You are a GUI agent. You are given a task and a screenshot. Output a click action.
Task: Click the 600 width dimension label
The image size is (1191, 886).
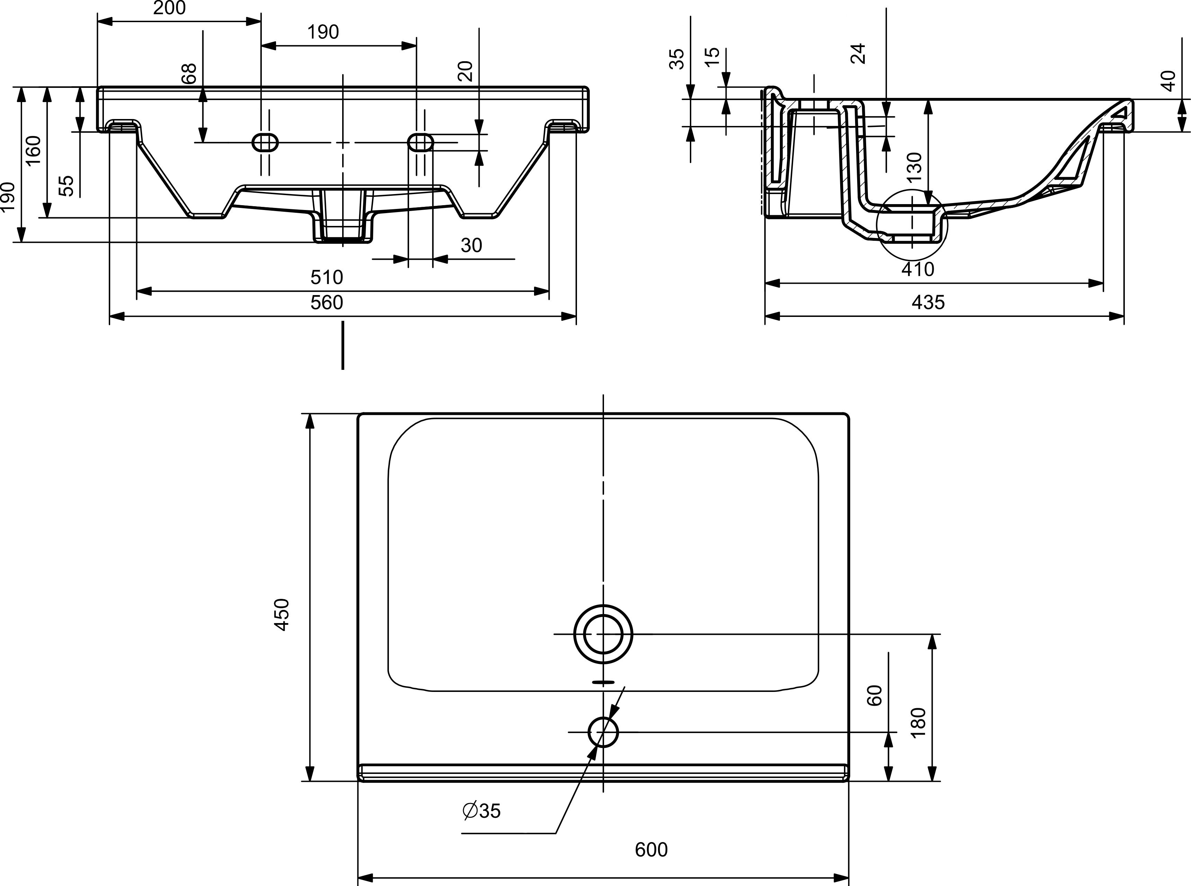click(651, 850)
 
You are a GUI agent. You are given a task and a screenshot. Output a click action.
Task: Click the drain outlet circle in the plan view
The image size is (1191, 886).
click(603, 634)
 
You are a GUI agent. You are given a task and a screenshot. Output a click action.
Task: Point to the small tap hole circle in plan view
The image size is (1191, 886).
click(603, 732)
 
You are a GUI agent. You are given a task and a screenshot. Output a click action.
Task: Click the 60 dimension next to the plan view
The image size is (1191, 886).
click(875, 696)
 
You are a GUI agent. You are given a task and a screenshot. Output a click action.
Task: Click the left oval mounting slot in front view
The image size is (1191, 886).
click(266, 143)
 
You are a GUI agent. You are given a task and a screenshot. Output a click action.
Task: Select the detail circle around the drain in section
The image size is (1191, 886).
click(912, 225)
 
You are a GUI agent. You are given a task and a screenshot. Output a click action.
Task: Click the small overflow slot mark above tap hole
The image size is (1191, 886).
click(603, 683)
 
